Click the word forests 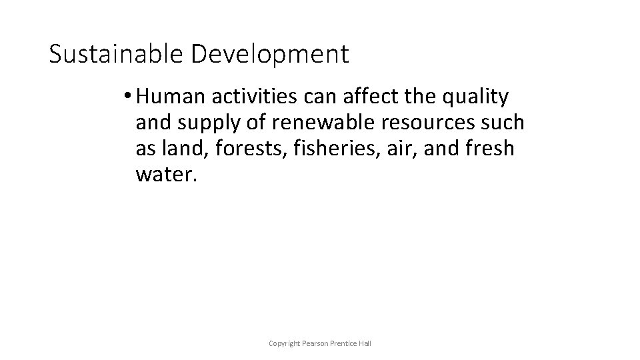pos(253,149)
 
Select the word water pos(164,174)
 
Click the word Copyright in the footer pos(283,343)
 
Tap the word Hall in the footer pos(365,343)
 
